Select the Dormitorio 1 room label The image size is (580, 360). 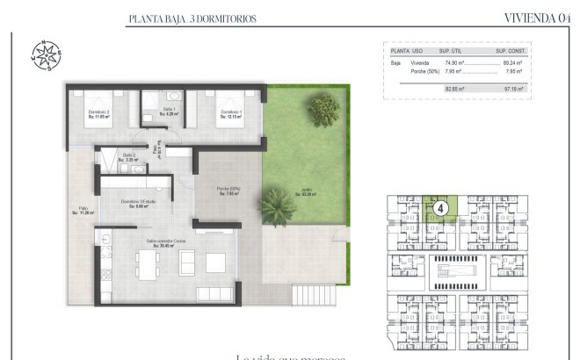click(x=231, y=113)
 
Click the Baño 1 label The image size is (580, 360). click(x=169, y=111)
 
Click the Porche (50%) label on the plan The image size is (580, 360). click(x=228, y=191)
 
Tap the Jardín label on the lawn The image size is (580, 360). click(x=306, y=193)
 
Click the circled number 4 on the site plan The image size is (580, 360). click(x=442, y=209)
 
